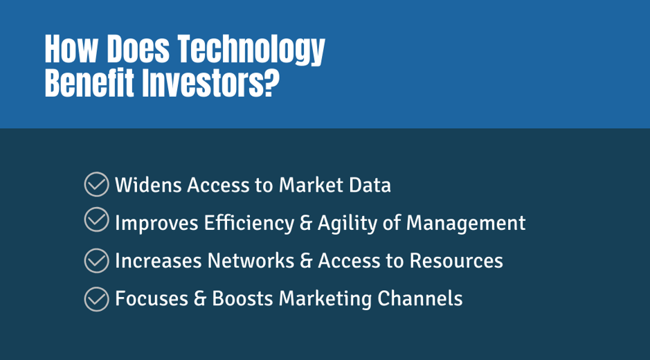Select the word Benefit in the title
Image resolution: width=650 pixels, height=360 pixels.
[x=89, y=83]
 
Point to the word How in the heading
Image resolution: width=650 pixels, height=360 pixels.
[x=71, y=49]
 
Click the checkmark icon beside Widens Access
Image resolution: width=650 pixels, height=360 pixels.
[x=97, y=184]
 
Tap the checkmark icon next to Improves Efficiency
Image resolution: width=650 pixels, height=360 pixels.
[x=97, y=219]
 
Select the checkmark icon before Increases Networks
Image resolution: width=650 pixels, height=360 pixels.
[x=97, y=260]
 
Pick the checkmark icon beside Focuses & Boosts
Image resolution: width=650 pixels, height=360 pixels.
[x=97, y=298]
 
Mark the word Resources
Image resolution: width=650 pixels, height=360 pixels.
[x=456, y=261]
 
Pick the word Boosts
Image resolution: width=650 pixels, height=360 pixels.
[x=242, y=298]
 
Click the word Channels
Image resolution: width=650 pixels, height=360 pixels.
[x=419, y=298]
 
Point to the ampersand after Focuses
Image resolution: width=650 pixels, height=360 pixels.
[x=200, y=298]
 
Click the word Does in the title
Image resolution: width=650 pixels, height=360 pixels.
[x=138, y=49]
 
